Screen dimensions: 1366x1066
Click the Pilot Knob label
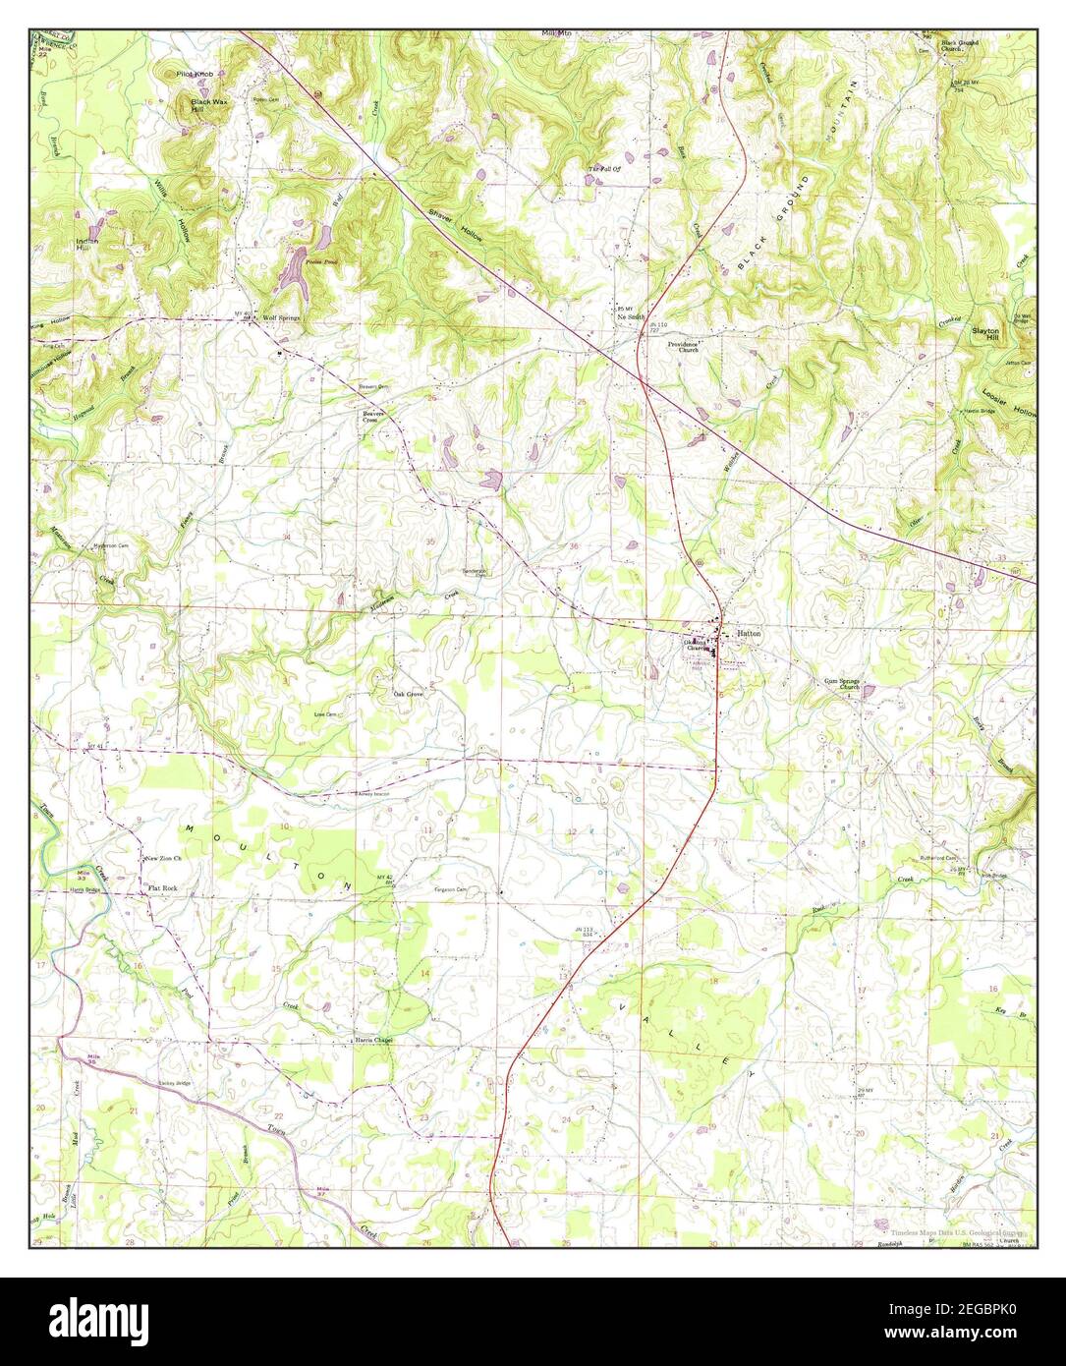coord(196,74)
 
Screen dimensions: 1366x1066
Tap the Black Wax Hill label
coord(207,105)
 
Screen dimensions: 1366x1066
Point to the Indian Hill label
coord(88,243)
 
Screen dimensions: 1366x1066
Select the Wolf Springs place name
coord(281,318)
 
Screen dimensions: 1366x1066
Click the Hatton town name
coord(750,634)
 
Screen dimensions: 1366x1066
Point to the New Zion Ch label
coord(164,858)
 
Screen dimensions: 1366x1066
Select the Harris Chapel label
coord(374,1040)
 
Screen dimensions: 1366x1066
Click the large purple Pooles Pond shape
coord(296,270)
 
